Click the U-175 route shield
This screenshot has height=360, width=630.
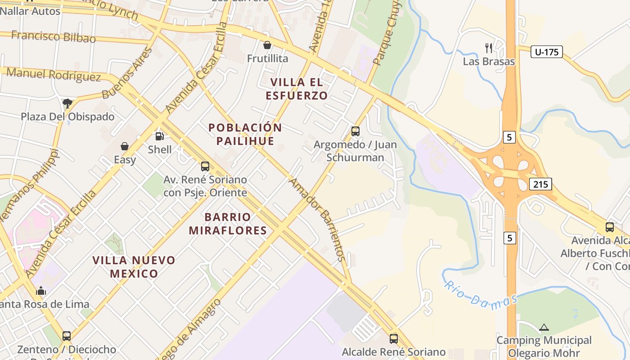[546, 52]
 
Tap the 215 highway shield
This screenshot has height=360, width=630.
[540, 184]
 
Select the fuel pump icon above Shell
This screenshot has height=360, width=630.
[159, 136]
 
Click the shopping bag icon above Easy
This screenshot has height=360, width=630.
[125, 146]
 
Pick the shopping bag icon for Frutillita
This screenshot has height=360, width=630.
[267, 45]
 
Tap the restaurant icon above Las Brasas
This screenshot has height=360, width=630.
[489, 48]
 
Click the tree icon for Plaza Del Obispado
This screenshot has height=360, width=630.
[67, 103]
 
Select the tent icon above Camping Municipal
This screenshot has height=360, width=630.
[544, 327]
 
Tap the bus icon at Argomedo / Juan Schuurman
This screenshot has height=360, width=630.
[355, 131]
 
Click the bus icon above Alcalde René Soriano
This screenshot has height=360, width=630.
[394, 338]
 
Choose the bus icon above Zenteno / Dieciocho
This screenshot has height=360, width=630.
[67, 336]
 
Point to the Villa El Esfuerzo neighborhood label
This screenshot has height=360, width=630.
[297, 89]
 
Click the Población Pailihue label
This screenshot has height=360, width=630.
[245, 134]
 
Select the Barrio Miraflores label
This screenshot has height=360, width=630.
[228, 224]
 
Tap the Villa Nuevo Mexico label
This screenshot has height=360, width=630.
[134, 266]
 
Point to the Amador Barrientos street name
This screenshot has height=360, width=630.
[318, 220]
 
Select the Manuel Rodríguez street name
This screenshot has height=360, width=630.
[54, 75]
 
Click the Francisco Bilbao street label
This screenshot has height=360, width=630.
[54, 36]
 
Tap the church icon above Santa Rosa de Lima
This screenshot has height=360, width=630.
[41, 291]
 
